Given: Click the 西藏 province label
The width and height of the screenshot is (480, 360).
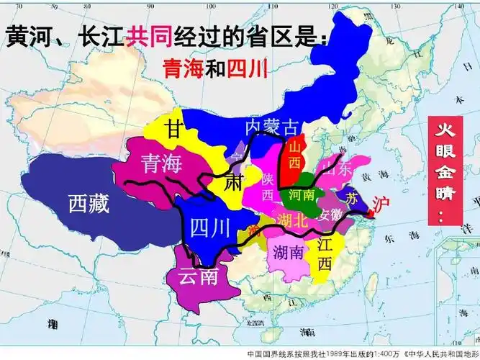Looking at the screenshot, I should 89,204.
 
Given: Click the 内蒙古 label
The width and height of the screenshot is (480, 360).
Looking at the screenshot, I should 271,127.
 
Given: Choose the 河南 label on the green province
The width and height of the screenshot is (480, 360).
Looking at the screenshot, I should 301,194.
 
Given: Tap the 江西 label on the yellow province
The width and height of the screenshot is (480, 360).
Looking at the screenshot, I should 324,254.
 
